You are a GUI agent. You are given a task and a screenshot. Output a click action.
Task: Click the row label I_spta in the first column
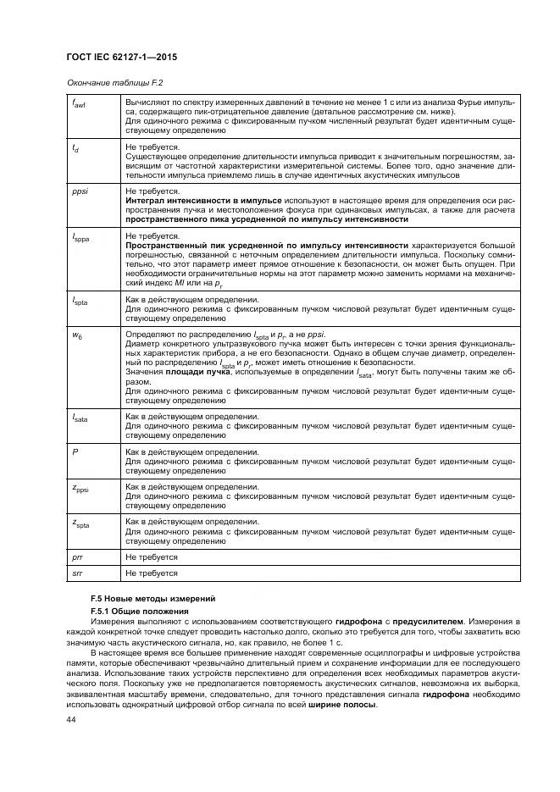79,302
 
